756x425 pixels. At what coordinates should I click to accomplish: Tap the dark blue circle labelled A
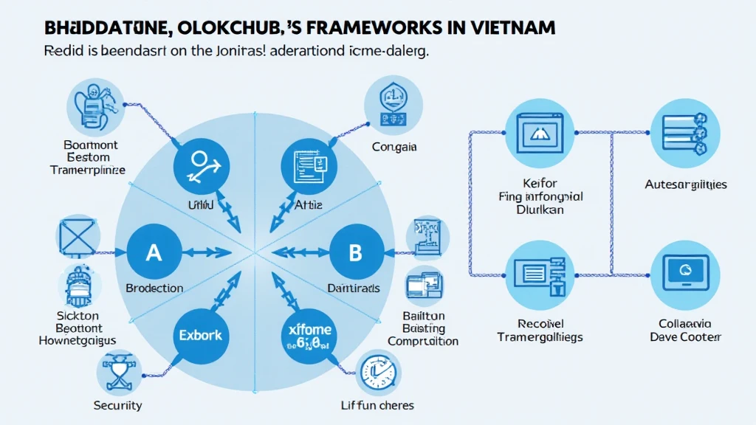point(154,252)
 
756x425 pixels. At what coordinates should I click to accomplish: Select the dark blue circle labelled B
point(355,252)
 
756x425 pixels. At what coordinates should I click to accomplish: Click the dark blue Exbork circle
point(199,336)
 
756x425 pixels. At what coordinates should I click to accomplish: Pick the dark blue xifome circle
point(309,336)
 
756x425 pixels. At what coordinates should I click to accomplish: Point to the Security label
point(118,405)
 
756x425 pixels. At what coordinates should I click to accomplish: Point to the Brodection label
point(155,288)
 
